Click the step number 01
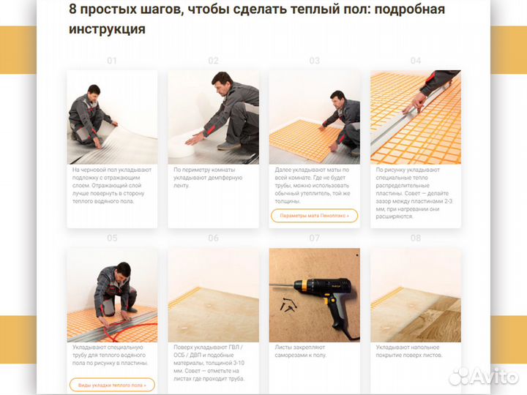coord(112,61)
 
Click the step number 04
coord(416,61)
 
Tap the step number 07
coord(315,238)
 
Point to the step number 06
coord(213,238)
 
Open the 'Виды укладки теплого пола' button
coord(112,385)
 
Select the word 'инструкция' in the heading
coord(107,30)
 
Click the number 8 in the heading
coord(72,10)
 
